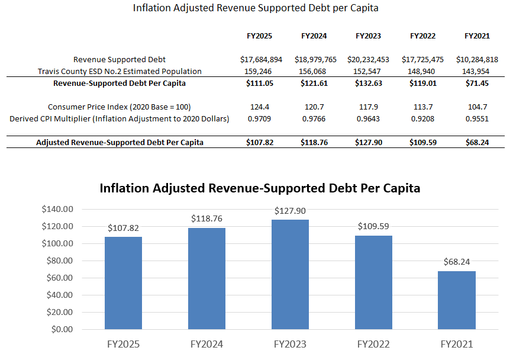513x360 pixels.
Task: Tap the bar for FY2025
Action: (x=123, y=282)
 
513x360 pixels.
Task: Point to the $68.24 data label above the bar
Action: (x=457, y=262)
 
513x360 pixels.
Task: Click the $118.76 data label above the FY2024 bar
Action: (x=207, y=218)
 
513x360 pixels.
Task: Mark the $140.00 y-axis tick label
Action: (x=57, y=209)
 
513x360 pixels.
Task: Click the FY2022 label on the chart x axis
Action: (x=373, y=344)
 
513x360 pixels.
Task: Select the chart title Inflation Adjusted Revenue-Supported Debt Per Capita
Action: (x=260, y=188)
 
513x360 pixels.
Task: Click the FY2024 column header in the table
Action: (x=314, y=36)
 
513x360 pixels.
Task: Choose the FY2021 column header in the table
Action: (x=477, y=36)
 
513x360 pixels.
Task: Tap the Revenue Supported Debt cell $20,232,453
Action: (x=368, y=60)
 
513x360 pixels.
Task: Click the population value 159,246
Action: (x=259, y=72)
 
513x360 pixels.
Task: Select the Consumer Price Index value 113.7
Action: (x=422, y=107)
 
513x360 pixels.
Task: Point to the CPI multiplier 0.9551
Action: (x=477, y=119)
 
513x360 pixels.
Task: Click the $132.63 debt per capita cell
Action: (x=368, y=83)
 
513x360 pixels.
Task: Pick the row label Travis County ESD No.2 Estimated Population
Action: (x=120, y=72)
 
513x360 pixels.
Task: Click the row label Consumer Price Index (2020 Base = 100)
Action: (x=120, y=107)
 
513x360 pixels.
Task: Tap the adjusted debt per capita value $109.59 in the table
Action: (x=422, y=143)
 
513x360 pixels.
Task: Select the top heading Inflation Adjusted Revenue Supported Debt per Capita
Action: (x=256, y=8)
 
